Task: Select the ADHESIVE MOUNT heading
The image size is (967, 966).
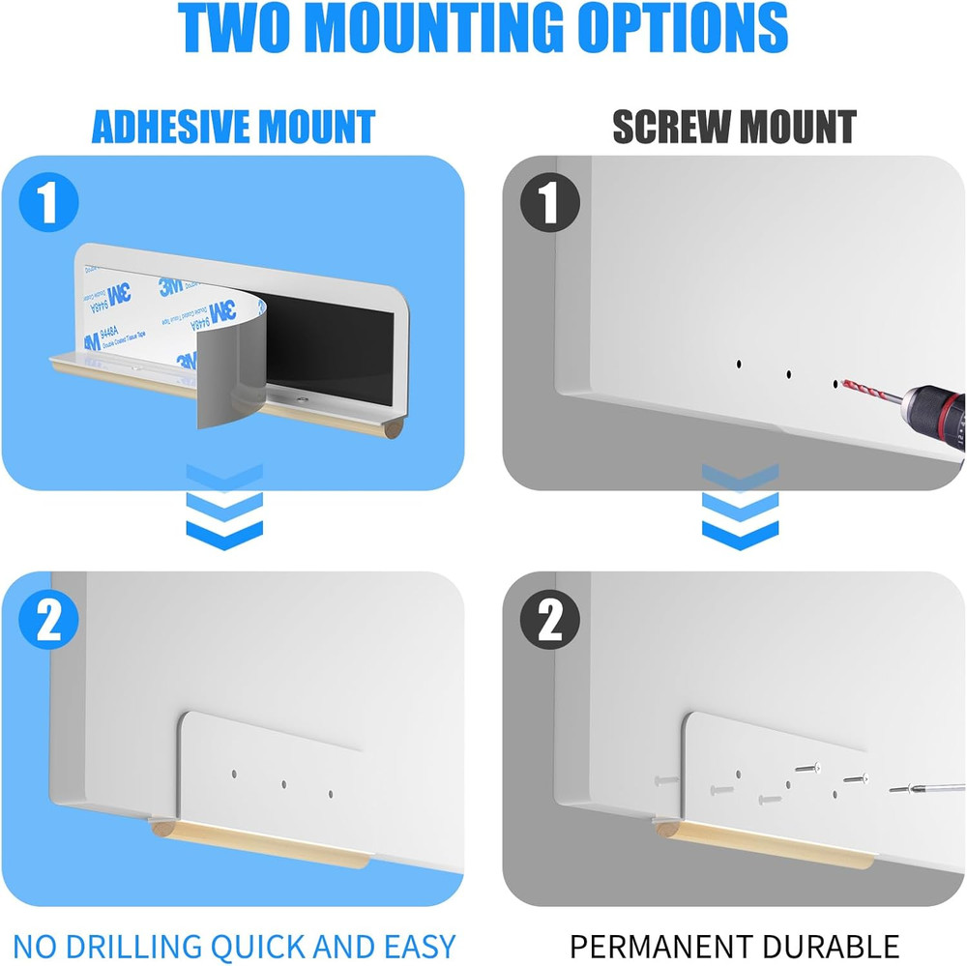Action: (x=233, y=127)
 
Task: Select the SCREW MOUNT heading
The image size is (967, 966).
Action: (x=734, y=127)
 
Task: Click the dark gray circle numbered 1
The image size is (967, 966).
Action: (x=550, y=204)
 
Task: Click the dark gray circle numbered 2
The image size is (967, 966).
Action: (x=550, y=622)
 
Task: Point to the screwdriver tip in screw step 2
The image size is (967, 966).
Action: (x=894, y=790)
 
